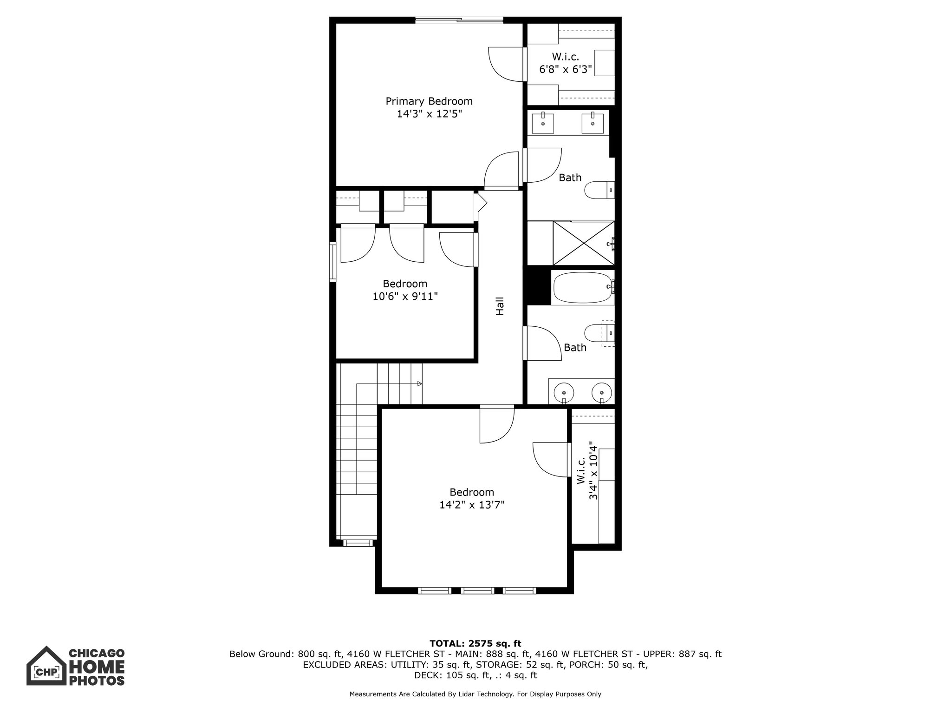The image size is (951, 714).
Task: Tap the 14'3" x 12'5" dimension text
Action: pyautogui.click(x=429, y=114)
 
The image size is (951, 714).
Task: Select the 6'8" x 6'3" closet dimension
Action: pyautogui.click(x=565, y=70)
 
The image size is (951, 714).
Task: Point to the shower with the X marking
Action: pyautogui.click(x=583, y=243)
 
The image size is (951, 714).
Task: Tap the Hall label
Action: pyautogui.click(x=500, y=306)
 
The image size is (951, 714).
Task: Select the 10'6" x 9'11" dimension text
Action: pyautogui.click(x=405, y=296)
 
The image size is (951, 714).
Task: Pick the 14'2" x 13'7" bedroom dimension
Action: pyautogui.click(x=472, y=505)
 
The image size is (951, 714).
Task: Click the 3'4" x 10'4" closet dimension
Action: pyautogui.click(x=593, y=470)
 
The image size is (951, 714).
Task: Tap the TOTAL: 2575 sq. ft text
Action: pyautogui.click(x=475, y=644)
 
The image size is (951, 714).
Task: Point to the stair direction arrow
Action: pyautogui.click(x=419, y=383)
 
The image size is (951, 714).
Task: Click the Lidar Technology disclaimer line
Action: pyautogui.click(x=475, y=694)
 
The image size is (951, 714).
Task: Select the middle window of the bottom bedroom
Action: pyautogui.click(x=478, y=591)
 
